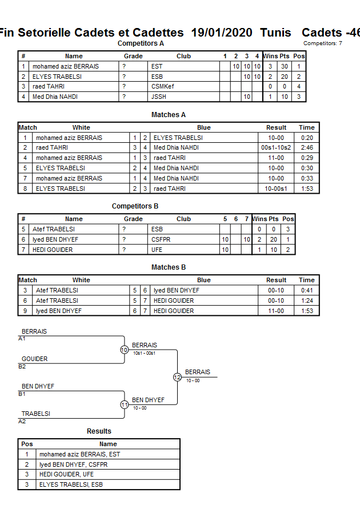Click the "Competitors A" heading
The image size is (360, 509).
[141, 43]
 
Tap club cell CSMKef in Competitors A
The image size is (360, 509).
[163, 87]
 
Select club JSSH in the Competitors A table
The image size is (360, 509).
[159, 97]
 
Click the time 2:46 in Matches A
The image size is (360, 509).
[307, 148]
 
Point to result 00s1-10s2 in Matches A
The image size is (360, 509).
[276, 148]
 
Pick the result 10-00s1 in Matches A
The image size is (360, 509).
[276, 189]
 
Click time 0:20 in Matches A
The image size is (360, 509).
[307, 138]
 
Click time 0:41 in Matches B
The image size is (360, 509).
[307, 291]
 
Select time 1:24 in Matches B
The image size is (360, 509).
[307, 301]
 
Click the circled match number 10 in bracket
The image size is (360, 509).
[124, 350]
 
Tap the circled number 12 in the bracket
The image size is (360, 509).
[177, 377]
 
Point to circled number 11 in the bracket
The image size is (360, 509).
[124, 404]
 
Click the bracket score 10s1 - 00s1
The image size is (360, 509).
[145, 353]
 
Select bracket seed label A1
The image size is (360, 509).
[22, 339]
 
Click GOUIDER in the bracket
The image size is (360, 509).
[35, 359]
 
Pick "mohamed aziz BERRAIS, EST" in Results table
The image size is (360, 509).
[79, 455]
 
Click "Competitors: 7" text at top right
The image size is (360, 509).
[323, 43]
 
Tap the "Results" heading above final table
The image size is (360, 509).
[99, 431]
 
